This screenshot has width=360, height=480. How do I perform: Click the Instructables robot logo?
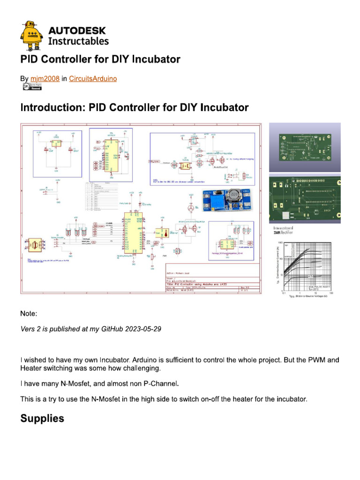[x=32, y=36]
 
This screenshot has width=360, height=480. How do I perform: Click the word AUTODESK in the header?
[x=77, y=31]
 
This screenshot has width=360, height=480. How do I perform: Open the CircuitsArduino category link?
[x=93, y=79]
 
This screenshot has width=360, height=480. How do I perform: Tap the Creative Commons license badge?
[x=31, y=87]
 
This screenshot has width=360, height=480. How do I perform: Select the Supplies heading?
[x=42, y=419]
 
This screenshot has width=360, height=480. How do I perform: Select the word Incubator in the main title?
[x=157, y=60]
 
